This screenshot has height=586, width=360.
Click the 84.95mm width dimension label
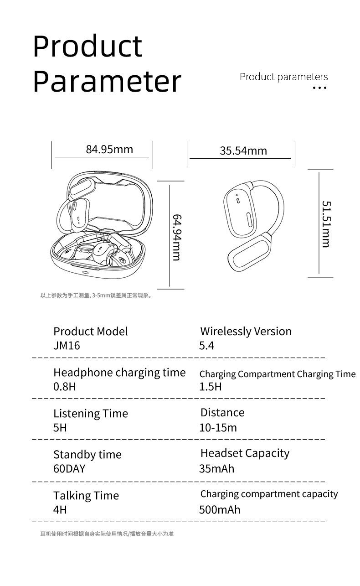point(109,149)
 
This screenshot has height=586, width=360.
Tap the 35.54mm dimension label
point(243,151)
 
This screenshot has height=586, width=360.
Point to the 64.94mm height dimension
point(177,237)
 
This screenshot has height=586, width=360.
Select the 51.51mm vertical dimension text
point(326,224)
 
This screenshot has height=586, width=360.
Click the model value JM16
point(67,346)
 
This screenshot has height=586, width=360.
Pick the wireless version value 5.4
point(206,346)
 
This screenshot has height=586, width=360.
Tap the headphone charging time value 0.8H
point(65,387)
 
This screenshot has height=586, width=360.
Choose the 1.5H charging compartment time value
point(211,387)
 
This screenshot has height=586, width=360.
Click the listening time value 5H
point(60,428)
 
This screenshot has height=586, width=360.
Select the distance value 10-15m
point(218,428)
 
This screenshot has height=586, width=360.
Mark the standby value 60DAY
point(69,469)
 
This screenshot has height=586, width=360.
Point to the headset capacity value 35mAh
point(216,469)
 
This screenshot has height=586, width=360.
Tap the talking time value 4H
point(60,509)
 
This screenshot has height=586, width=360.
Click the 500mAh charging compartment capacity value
point(220,509)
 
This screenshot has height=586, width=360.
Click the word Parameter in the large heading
point(107,81)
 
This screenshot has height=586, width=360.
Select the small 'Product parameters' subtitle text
point(283,77)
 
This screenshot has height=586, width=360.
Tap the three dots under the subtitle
point(320,88)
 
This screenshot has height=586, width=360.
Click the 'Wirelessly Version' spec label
point(246,332)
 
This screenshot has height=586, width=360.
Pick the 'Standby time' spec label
point(87,455)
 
